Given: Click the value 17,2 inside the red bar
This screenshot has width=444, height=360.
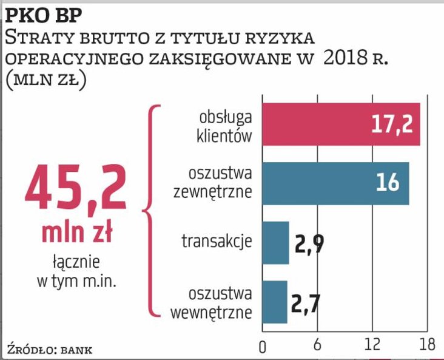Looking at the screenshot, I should [x=392, y=124].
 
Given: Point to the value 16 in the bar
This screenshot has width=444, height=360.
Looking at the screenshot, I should [x=388, y=183].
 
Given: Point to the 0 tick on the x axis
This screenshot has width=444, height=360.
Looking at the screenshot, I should [x=262, y=347].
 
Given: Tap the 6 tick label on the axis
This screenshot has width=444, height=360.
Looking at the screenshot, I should [x=317, y=347].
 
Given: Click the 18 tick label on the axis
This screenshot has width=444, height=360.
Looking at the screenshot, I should [x=427, y=347].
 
